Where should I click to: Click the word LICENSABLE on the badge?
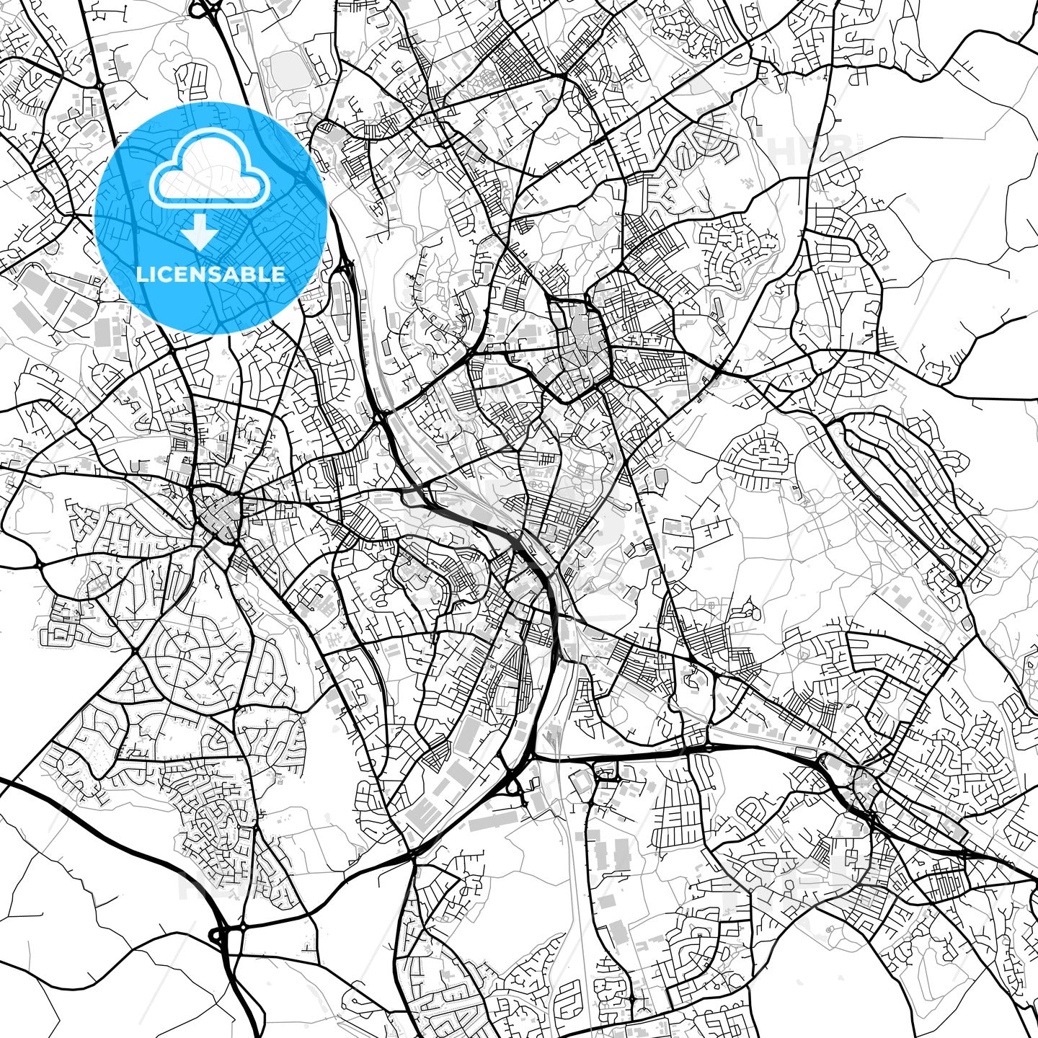pos(210,274)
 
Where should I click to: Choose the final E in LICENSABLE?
pos(279,274)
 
